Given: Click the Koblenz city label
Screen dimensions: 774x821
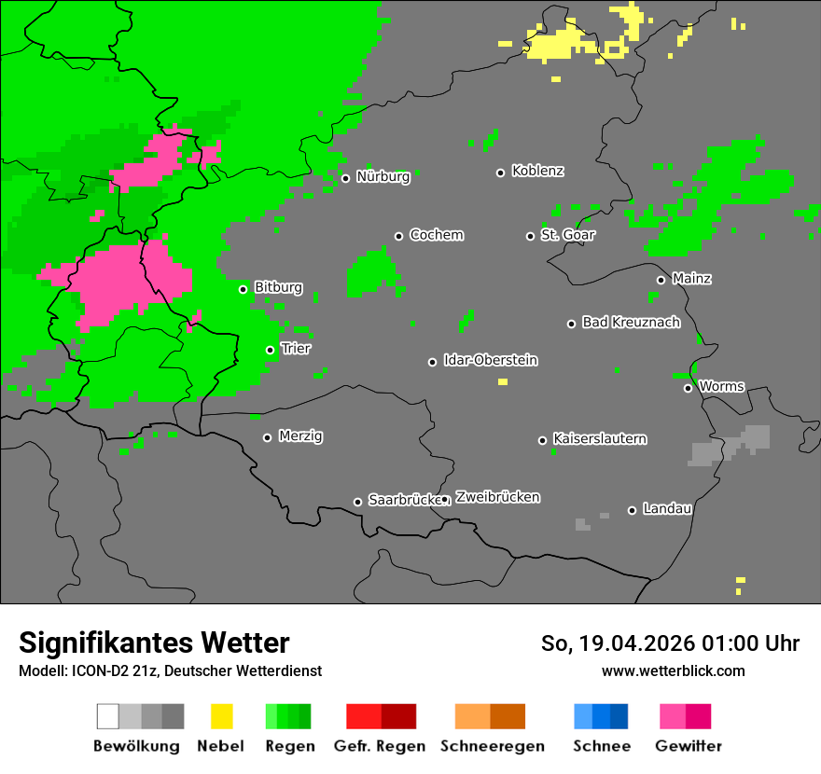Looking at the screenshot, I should [537, 172].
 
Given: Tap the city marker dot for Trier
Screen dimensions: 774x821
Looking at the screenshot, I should [271, 351].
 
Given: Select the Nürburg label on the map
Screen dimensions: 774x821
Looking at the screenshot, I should [383, 177].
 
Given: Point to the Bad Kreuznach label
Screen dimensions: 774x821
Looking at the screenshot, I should [631, 323].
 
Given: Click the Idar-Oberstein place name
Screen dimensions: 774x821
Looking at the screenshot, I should [490, 361].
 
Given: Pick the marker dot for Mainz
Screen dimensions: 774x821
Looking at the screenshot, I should [661, 280].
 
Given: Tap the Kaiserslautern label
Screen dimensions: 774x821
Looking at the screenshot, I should [599, 439].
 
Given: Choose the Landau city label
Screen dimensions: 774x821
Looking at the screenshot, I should [666, 509].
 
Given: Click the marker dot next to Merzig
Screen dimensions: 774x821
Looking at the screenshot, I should [267, 437].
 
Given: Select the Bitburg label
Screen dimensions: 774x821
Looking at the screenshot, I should [278, 288].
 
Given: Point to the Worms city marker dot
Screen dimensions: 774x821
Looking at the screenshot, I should [688, 388].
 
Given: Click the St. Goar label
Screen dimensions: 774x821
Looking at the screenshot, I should [567, 235].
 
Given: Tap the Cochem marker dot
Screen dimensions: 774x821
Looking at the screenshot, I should [398, 236].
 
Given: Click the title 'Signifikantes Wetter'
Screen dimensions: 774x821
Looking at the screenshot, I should [154, 643].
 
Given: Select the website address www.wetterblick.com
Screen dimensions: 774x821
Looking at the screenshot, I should [673, 670].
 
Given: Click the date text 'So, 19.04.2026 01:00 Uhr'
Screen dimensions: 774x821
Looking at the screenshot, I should [670, 643].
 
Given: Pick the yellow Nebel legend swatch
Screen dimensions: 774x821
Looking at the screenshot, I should [221, 716].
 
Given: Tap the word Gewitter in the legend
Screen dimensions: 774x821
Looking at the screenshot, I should [688, 746].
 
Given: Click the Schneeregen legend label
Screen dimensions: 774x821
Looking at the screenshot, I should [492, 746].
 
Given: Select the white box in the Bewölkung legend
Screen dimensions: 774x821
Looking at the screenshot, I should [108, 716].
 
